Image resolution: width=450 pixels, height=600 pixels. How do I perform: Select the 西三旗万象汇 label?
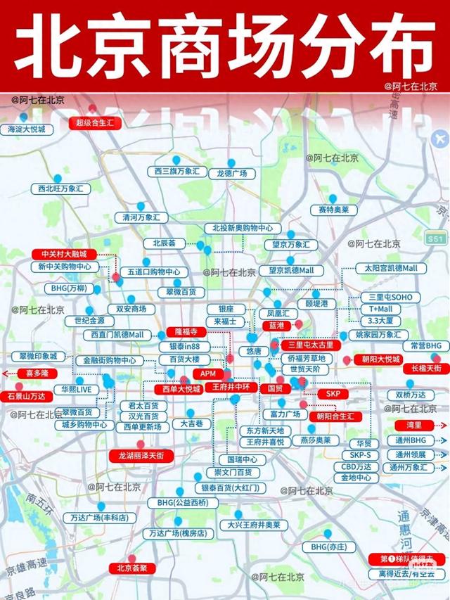[177, 171]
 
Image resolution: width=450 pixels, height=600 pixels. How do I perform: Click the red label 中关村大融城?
[64, 254]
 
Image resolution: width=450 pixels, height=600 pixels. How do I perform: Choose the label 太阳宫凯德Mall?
[390, 269]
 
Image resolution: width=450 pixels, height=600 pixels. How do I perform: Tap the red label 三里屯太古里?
[311, 346]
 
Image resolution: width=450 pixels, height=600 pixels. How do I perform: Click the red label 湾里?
[413, 425]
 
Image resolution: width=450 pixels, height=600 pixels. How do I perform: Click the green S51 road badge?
[435, 241]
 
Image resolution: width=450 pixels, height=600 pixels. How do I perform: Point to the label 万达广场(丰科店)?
[99, 518]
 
